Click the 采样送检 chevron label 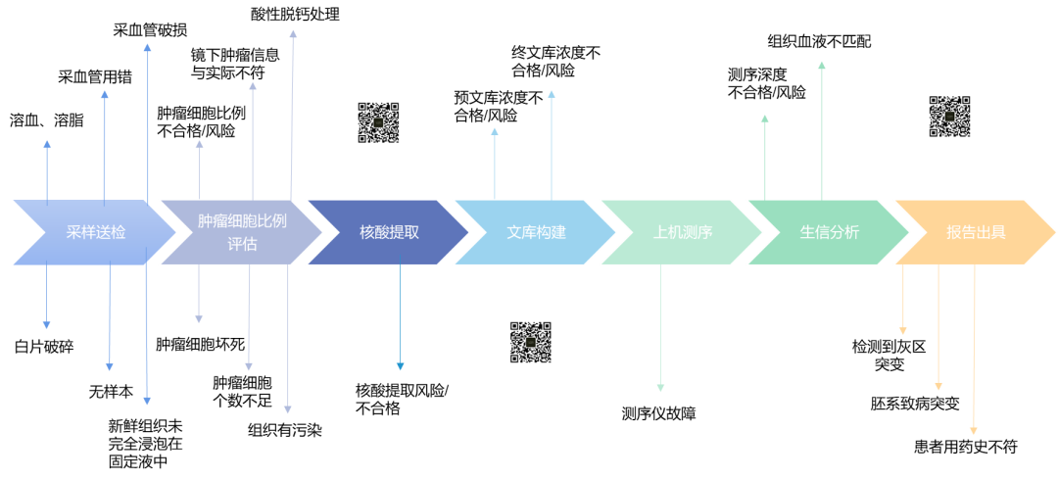tap(96, 232)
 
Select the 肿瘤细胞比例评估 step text tap(242, 232)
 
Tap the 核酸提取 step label tap(389, 232)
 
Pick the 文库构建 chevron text tap(536, 232)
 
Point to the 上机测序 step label tap(683, 232)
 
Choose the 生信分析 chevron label tap(830, 232)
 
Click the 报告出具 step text tap(976, 232)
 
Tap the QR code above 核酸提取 tap(378, 122)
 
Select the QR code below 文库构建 tap(530, 342)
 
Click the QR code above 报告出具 tap(949, 117)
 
